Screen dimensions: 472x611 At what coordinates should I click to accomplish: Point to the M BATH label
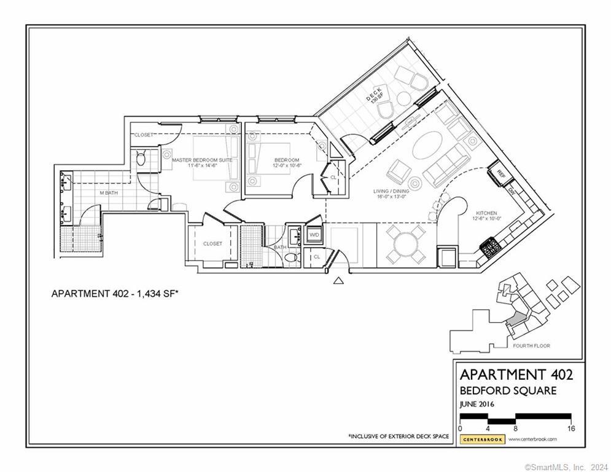pos(109,193)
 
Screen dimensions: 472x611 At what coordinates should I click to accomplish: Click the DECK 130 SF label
pos(375,95)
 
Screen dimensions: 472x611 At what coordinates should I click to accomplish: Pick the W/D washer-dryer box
pos(314,235)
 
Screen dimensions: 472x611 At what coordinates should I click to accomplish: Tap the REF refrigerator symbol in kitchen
pos(500,173)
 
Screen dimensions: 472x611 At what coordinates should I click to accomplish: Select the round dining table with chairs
pos(405,244)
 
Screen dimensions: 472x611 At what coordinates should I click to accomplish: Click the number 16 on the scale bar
pos(570,428)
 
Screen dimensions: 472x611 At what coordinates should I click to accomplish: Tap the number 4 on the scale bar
pos(488,428)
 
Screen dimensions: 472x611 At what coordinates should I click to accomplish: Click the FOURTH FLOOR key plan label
pos(531,346)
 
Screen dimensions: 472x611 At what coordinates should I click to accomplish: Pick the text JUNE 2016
pos(477,404)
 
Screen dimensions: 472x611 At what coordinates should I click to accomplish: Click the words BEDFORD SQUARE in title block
pos(508,390)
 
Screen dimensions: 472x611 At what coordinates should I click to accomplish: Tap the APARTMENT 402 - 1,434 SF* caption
pos(114,294)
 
